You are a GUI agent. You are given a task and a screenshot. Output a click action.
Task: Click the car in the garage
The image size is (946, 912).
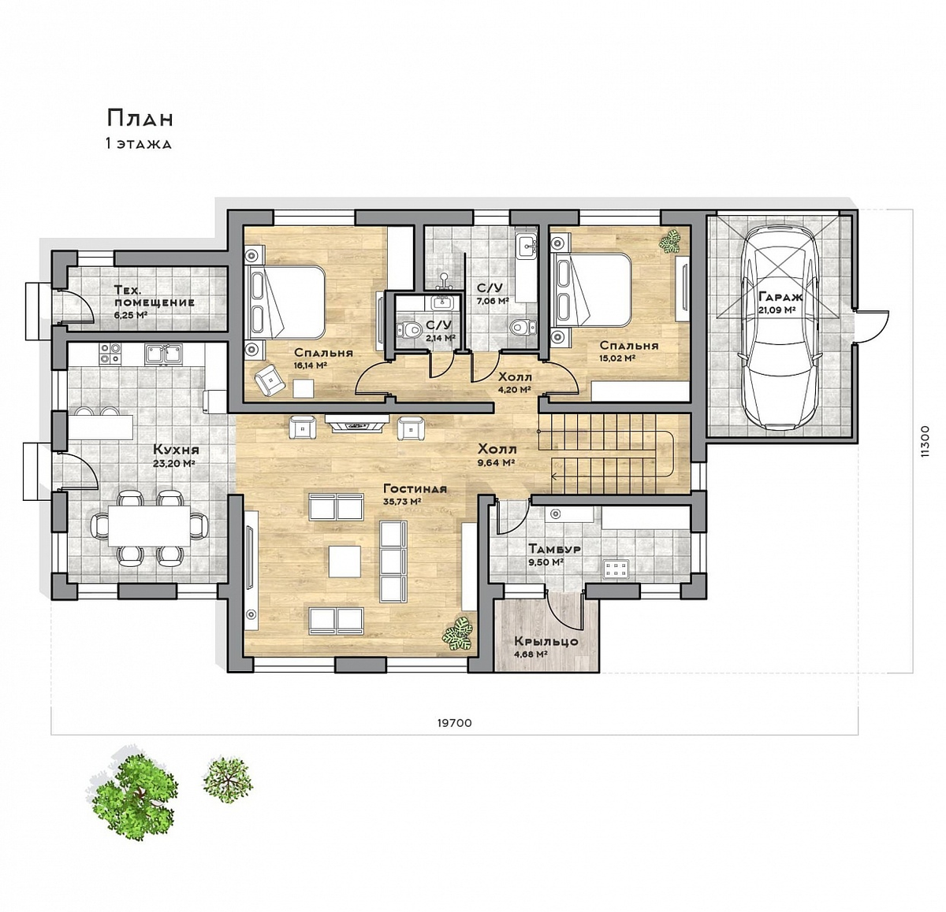coord(778,327)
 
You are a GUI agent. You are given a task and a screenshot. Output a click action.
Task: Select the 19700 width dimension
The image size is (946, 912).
coord(455,723)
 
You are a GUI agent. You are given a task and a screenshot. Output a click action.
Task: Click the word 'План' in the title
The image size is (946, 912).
coord(140,118)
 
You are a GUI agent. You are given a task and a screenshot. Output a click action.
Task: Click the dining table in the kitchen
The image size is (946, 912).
coord(149,526)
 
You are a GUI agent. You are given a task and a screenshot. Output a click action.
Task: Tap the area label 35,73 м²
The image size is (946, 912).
coord(401,501)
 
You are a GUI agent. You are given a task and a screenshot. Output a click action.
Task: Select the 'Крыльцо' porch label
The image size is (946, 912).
coord(546,642)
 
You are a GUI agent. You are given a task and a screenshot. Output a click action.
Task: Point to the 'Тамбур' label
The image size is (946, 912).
coord(554,549)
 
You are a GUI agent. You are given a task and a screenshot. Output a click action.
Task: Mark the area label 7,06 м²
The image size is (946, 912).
coord(493,301)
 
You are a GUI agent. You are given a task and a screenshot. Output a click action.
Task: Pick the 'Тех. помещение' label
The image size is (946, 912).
coord(154,296)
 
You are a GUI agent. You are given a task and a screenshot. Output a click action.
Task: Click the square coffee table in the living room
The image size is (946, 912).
coord(345,561)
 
